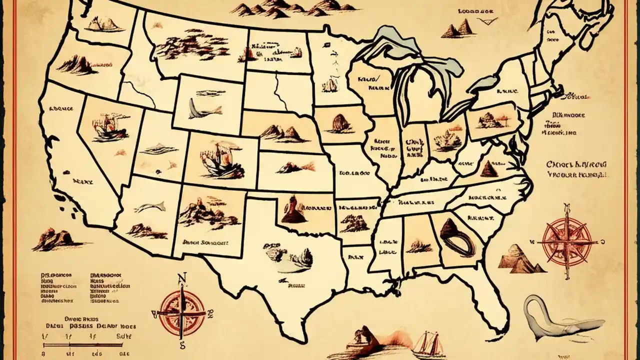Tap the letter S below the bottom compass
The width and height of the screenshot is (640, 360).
click(182, 344)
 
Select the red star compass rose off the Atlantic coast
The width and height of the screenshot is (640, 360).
click(567, 241)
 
